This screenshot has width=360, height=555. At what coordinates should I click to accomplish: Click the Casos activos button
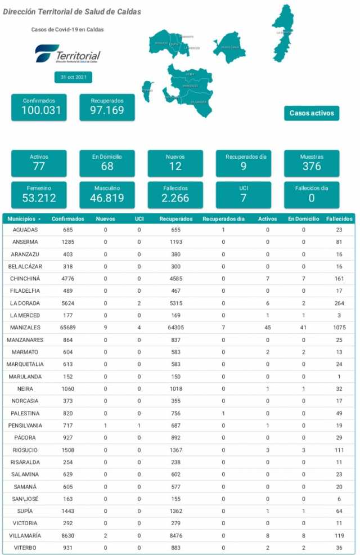click(312, 113)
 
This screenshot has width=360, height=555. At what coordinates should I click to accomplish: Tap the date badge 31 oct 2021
click(73, 77)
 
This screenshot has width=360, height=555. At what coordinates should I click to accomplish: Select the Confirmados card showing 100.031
click(39, 107)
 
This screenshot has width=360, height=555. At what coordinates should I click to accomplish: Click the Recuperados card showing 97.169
click(107, 107)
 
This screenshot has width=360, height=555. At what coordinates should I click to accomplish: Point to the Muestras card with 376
click(312, 163)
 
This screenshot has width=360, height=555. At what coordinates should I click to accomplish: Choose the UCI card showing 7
click(244, 194)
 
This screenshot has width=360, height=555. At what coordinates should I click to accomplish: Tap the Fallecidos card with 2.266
click(175, 194)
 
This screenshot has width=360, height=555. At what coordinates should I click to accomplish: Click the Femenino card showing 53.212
click(39, 194)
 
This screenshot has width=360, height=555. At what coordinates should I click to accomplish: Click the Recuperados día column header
click(223, 218)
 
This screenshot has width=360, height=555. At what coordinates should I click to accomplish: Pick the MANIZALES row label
click(24, 327)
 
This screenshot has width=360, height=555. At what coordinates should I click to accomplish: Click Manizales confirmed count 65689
click(68, 327)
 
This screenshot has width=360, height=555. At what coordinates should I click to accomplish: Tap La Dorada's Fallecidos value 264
click(339, 303)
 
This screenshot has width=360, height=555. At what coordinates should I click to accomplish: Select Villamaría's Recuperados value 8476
click(175, 535)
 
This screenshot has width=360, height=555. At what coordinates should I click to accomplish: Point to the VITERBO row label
click(24, 548)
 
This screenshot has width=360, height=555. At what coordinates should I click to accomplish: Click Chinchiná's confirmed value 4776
click(68, 279)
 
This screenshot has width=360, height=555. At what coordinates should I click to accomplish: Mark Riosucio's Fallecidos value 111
click(339, 450)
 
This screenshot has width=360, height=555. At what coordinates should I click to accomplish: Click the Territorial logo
click(67, 55)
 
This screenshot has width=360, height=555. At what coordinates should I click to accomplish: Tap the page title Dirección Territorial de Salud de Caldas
click(72, 12)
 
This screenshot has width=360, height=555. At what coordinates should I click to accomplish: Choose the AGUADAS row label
click(24, 230)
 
